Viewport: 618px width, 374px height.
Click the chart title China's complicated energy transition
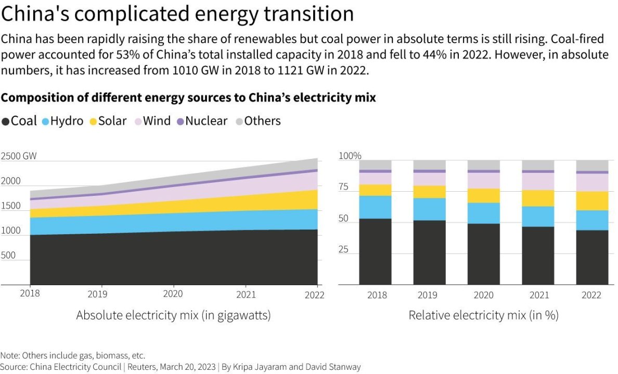coord(177,14)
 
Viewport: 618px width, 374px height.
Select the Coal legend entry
coord(19,121)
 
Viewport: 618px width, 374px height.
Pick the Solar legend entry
coord(108,121)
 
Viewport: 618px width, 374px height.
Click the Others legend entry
coord(258,121)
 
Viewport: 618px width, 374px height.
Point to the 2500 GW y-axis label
coord(19,156)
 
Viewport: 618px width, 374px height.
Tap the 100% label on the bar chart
coord(350,156)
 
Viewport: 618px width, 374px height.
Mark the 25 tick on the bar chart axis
coord(344,250)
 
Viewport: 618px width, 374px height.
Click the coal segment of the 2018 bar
coord(375,252)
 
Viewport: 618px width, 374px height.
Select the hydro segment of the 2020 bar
coord(484,213)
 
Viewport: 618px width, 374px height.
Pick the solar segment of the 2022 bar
coord(592,201)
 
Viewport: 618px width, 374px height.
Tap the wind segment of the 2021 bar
coord(538,181)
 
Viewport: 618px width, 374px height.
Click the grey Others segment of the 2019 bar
coord(429,165)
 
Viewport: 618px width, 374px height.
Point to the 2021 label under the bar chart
coord(538,295)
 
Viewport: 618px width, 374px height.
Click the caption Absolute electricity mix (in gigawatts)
coord(173,315)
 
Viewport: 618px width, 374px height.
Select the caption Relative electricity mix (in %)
coord(483,315)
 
